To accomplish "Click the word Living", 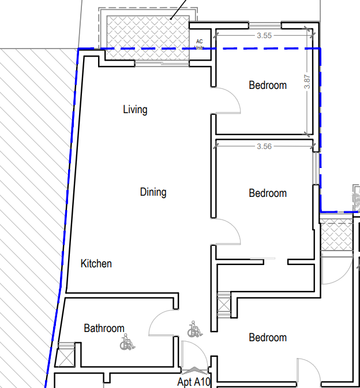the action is (135, 110).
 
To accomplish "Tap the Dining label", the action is (153, 192).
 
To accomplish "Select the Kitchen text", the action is (96, 263).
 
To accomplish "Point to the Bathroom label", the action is (104, 329).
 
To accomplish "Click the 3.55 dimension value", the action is (264, 36).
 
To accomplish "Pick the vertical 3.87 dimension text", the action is (307, 81).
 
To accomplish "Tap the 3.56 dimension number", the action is (264, 147).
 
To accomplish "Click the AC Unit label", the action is (199, 44).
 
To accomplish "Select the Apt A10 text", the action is (194, 382).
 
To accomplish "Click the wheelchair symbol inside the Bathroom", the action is (127, 342).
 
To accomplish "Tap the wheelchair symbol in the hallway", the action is (195, 329).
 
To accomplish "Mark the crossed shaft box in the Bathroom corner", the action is (65, 357).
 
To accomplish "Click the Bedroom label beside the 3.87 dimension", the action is (268, 85).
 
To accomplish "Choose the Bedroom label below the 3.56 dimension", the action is (268, 193).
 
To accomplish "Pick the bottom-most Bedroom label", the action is (268, 338).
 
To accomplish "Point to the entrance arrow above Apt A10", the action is (194, 370).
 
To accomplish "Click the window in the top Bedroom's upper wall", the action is (265, 25).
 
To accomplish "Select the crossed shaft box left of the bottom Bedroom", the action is (224, 305).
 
